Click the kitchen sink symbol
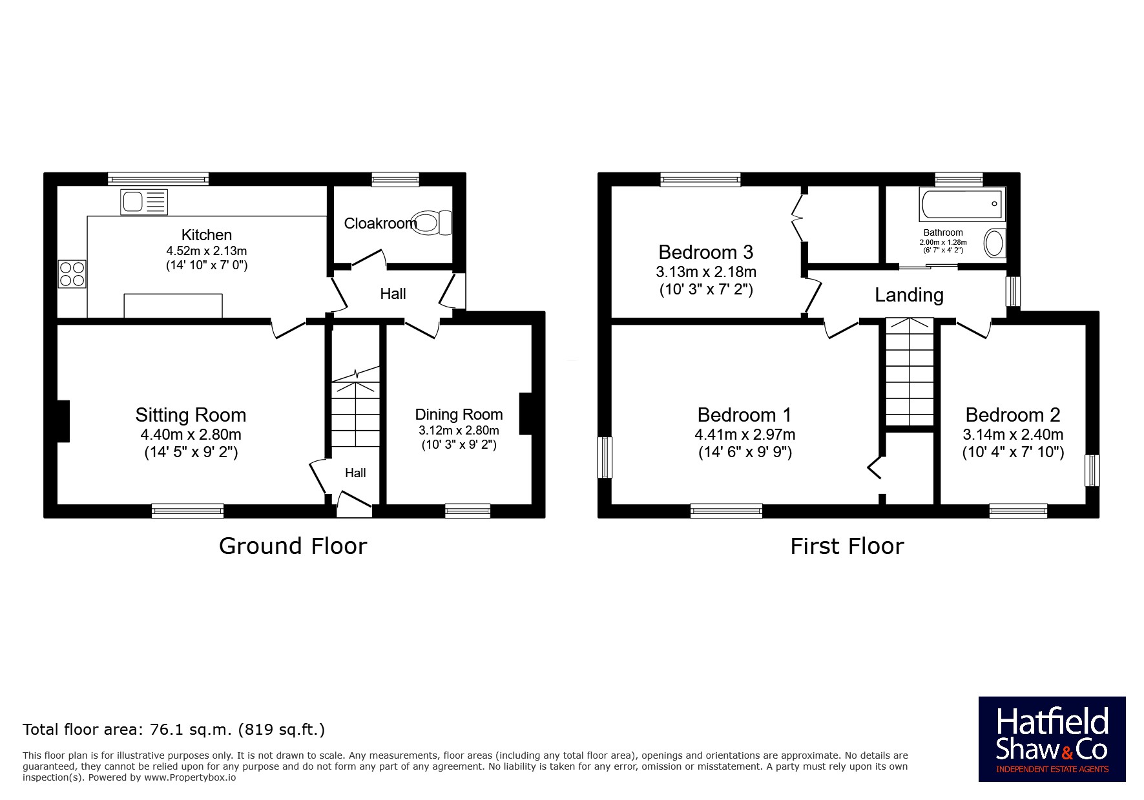click(x=144, y=202)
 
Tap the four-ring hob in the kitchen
click(x=72, y=273)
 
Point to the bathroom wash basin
click(x=995, y=243)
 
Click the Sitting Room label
click(x=191, y=415)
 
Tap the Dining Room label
click(x=459, y=415)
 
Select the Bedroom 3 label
click(x=706, y=252)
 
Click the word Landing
click(x=909, y=295)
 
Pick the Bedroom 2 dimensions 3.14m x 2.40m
click(x=1013, y=435)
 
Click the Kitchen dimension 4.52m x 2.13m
click(x=207, y=251)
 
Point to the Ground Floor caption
click(x=293, y=546)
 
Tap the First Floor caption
click(x=847, y=546)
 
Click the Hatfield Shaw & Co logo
click(x=1052, y=739)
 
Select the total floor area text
click(x=174, y=730)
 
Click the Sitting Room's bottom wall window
click(x=187, y=511)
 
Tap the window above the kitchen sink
click(x=158, y=179)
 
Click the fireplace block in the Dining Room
click(x=525, y=413)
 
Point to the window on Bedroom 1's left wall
click(x=605, y=457)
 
